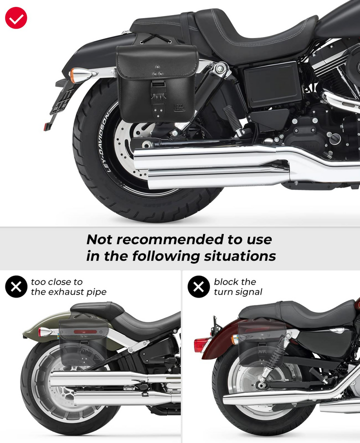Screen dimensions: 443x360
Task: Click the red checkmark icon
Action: (x=16, y=18)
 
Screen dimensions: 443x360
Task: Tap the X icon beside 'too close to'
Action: (x=16, y=287)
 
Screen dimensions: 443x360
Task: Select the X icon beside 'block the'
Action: (x=198, y=287)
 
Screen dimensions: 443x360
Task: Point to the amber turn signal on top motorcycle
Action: (x=75, y=75)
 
